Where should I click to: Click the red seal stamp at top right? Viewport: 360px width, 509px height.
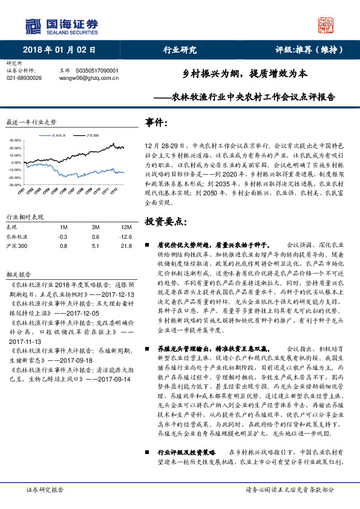327,25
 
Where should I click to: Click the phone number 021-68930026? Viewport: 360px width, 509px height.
28,78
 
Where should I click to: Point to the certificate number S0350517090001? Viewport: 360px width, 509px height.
97,71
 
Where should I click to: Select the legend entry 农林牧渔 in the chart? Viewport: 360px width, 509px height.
59,135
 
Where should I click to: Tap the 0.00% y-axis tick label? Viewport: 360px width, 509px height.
16,155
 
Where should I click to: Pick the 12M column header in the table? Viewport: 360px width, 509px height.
126,226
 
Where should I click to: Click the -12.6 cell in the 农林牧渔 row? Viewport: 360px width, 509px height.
126,237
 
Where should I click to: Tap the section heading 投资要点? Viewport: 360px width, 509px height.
166,221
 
